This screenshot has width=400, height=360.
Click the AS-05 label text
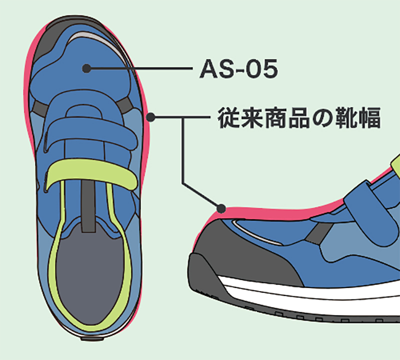click(x=238, y=68)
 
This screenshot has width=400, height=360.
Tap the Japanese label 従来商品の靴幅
click(x=298, y=117)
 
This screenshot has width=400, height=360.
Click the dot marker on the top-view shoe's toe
click(x=86, y=68)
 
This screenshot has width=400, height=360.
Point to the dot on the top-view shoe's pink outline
click(x=151, y=117)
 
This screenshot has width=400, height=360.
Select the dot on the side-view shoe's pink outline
click(x=221, y=208)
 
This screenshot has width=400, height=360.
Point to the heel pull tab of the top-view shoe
click(x=92, y=338)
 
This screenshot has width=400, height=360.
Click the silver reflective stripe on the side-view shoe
click(x=257, y=232)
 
